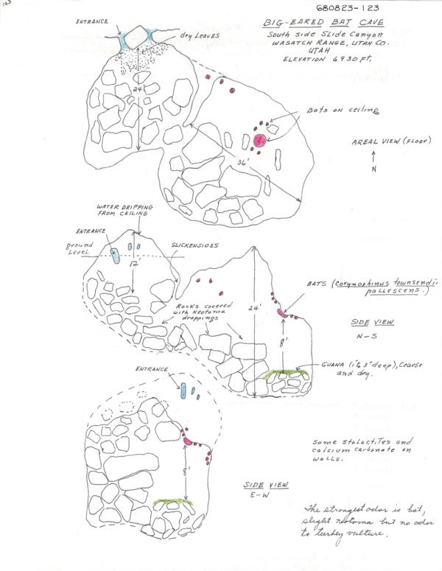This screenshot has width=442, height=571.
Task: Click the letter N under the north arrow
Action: pos(375,169)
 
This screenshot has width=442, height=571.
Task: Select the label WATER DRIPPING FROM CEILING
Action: pos(122,210)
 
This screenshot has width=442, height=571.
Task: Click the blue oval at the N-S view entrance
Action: pos(114,255)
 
